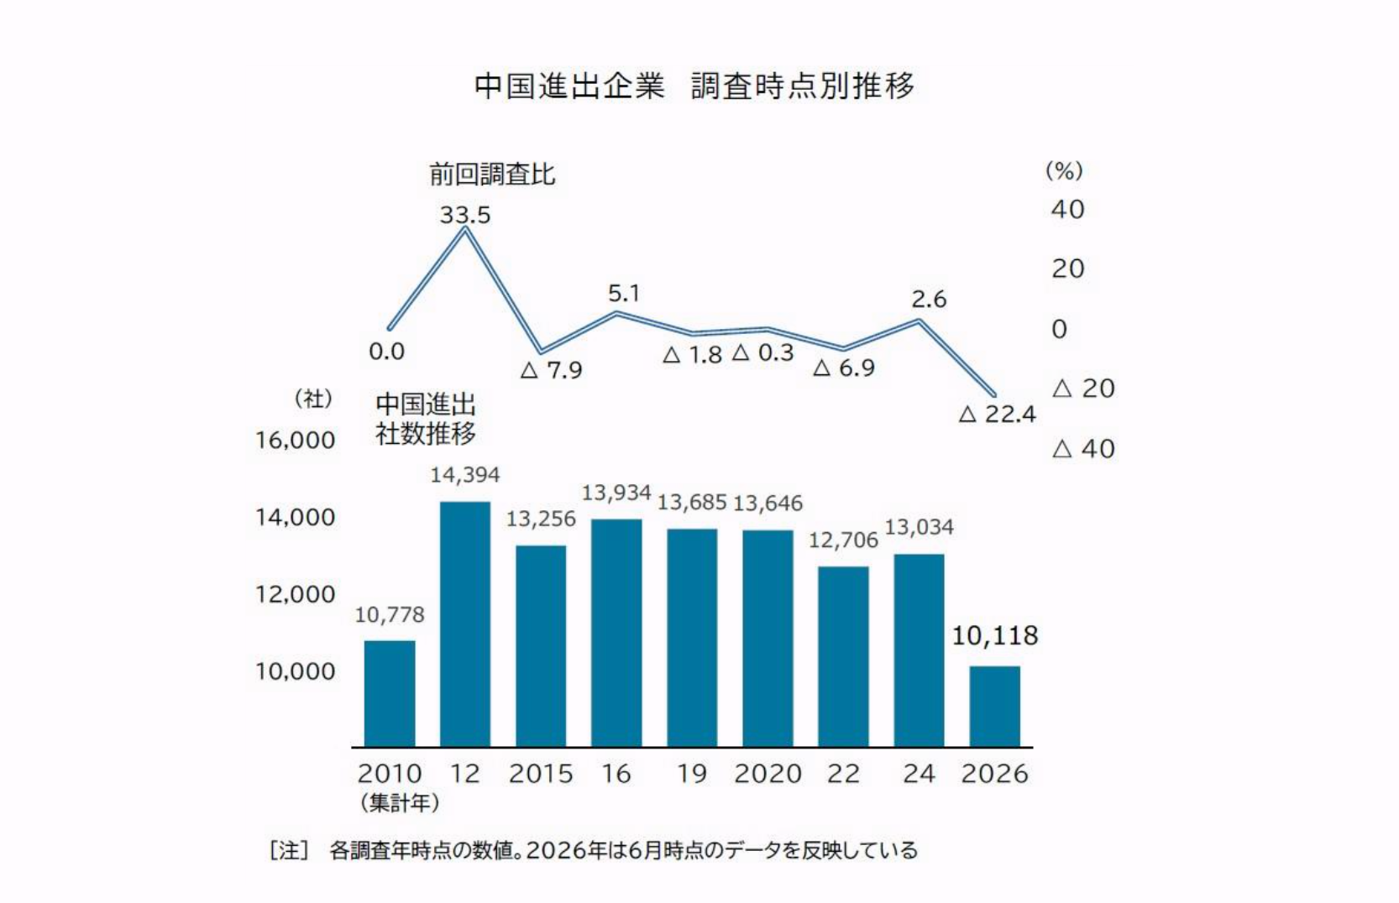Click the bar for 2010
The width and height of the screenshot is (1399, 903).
[390, 693]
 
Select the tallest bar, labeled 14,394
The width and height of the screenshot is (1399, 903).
[465, 624]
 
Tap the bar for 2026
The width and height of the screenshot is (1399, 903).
[995, 707]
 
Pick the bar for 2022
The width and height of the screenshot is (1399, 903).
[843, 656]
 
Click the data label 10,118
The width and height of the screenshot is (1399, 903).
[995, 636]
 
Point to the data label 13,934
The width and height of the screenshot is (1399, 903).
[616, 493]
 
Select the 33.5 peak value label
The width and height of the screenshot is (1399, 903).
[465, 216]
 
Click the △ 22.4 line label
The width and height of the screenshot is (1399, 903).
[998, 414]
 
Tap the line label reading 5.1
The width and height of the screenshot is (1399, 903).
[624, 293]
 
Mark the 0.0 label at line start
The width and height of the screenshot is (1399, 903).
[386, 352]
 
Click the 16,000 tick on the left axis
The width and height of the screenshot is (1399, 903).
[296, 441]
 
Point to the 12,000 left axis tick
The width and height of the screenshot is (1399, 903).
[296, 594]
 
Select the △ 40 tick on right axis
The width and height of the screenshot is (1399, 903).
[1083, 449]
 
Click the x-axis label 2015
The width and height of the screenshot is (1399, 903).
[541, 774]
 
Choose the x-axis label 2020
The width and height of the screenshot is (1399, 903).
[768, 774]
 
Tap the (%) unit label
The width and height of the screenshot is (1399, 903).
[1064, 170]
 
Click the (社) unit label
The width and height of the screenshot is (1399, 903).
[313, 399]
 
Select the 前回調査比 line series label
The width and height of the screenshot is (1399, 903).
[492, 174]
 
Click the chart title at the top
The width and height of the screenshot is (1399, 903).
[694, 86]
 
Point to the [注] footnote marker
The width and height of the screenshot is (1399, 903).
[289, 850]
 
